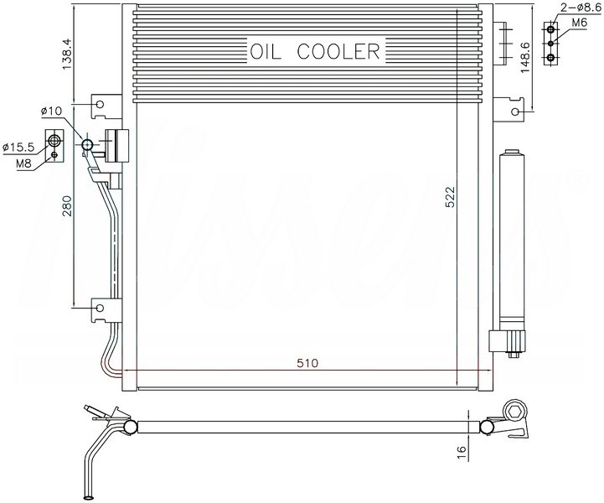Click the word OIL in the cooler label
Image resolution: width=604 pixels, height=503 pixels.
(266, 51)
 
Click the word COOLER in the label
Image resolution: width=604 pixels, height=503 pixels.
(338, 51)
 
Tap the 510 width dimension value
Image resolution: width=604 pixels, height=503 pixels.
(307, 363)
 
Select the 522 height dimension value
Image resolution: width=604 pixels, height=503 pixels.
(450, 197)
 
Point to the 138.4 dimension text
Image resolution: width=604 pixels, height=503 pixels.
(67, 54)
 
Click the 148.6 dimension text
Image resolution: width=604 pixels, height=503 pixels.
(524, 58)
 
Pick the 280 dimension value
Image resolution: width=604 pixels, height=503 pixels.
(67, 206)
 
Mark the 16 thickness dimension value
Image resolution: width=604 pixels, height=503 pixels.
(461, 454)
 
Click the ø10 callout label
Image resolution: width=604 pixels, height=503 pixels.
(51, 111)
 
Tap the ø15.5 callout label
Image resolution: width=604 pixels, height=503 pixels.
(18, 147)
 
